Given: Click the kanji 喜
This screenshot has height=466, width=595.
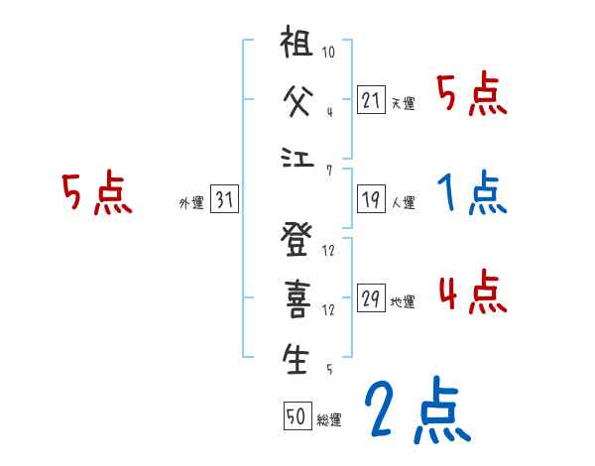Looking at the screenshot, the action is coord(296,302).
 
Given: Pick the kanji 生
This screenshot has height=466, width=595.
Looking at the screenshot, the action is coord(296,359).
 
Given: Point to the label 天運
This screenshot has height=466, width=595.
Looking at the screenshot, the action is coord(404,103).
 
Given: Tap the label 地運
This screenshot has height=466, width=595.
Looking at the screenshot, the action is coord(404,301).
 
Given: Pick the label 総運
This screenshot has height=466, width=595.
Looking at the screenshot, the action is coord(329,419).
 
